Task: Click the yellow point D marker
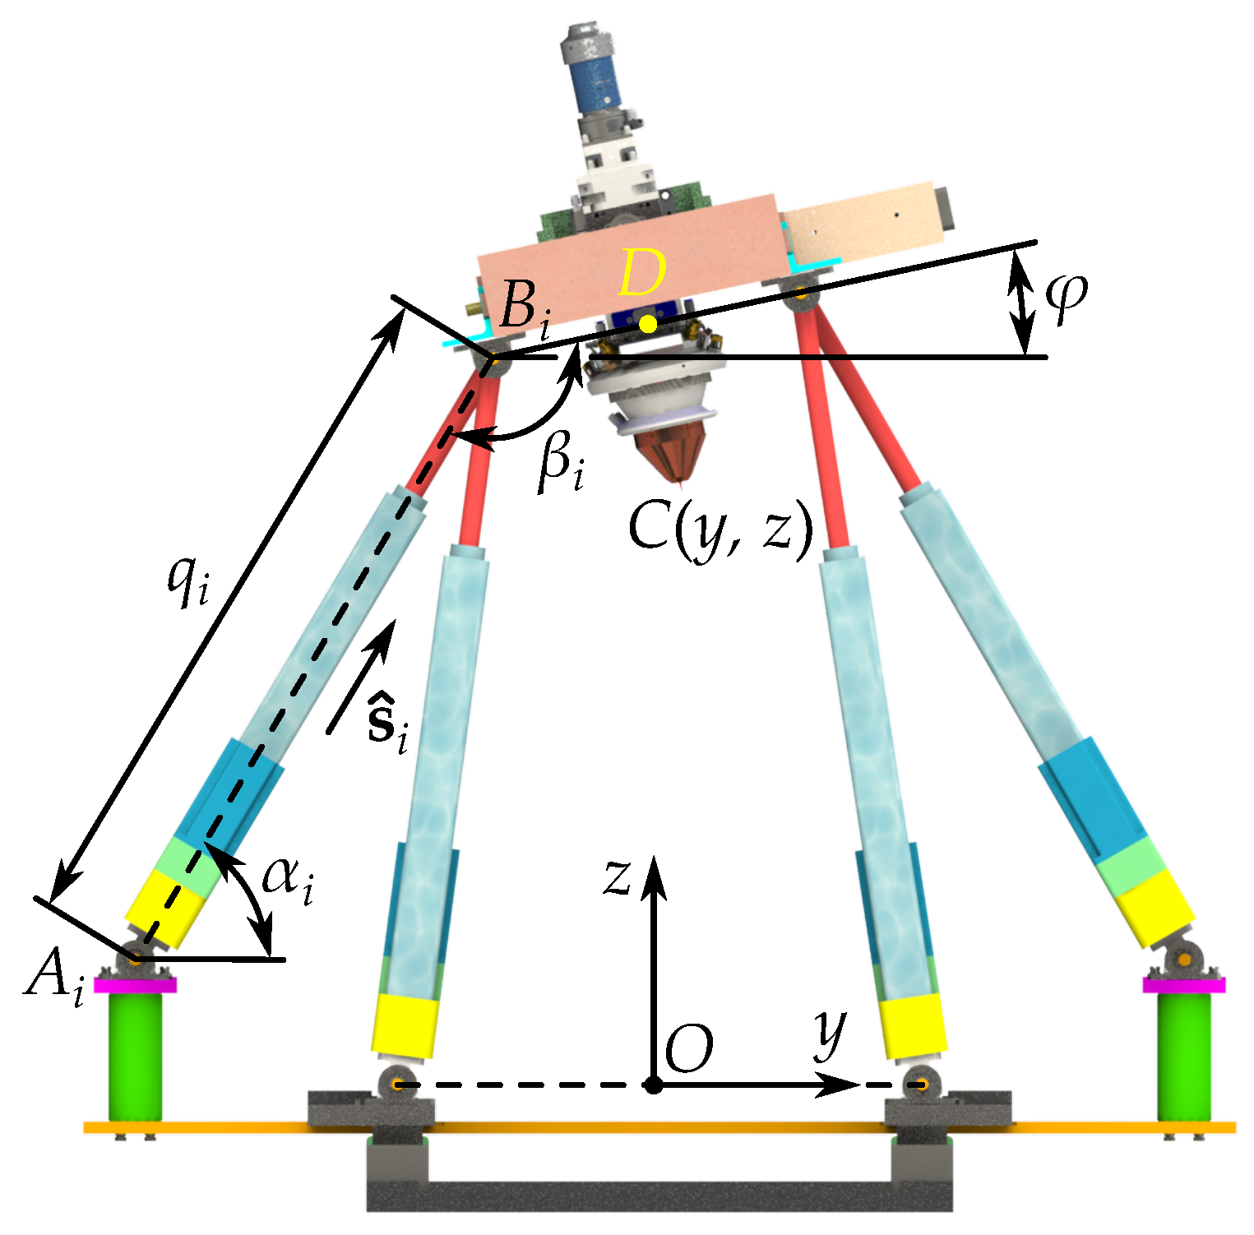coord(648,324)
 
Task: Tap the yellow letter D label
coord(641,273)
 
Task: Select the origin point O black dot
coord(653,1085)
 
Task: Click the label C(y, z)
coord(720,528)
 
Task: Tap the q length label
coord(189,580)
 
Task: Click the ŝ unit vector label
coord(387,724)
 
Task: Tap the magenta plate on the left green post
coord(135,984)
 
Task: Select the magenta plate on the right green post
coord(1184,984)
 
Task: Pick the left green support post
coord(135,1056)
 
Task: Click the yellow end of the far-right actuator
coord(1155,908)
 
